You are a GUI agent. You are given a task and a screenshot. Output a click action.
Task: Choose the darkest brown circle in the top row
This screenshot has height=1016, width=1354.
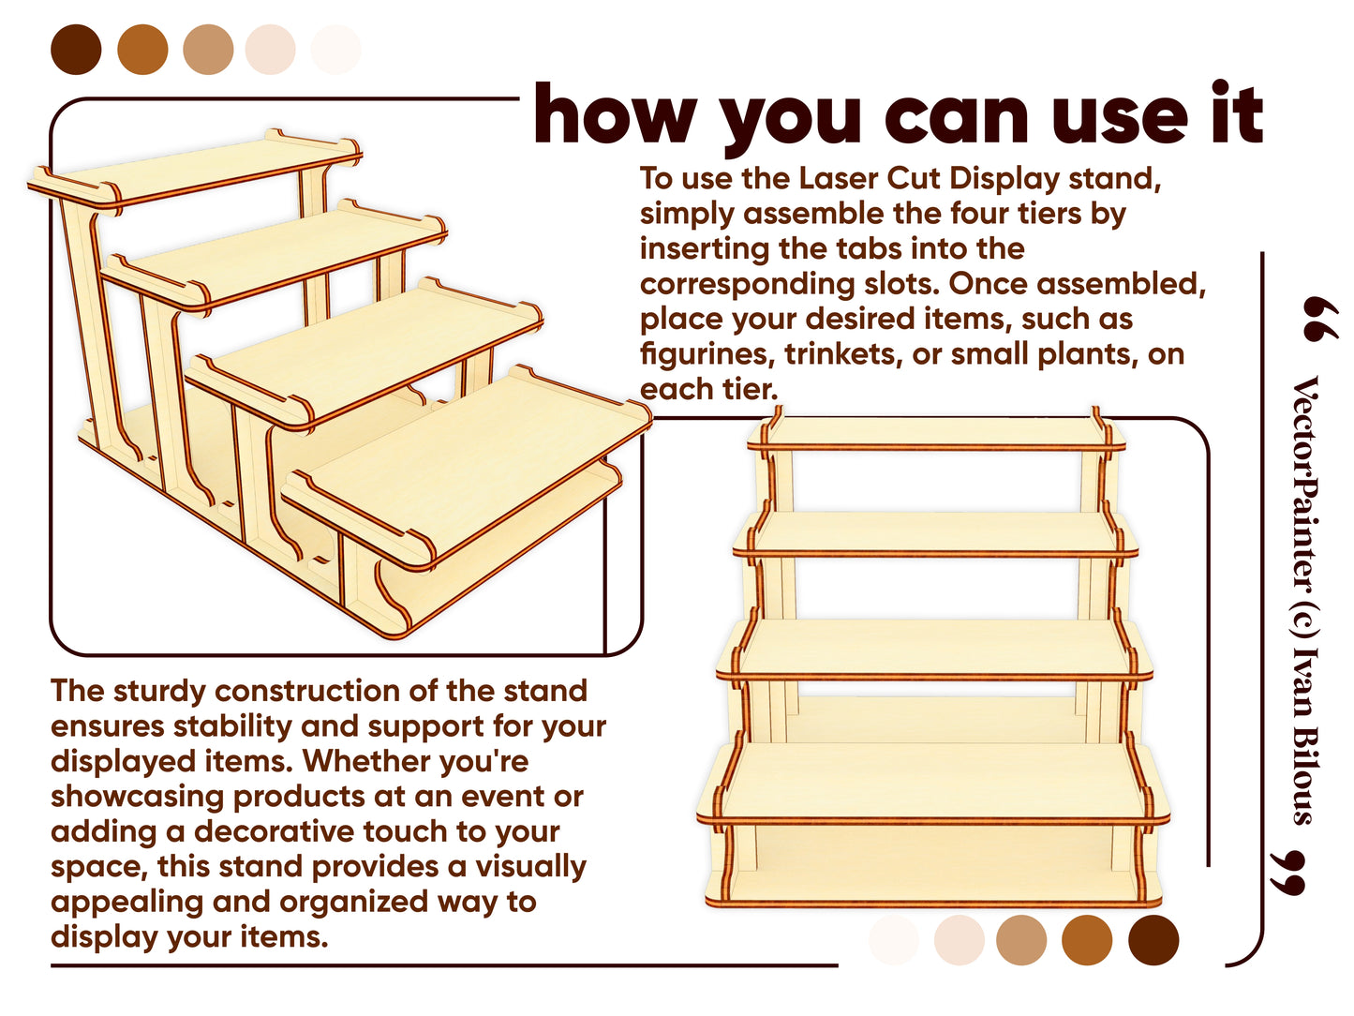click(76, 50)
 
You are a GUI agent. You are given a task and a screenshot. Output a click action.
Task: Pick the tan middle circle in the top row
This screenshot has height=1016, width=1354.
click(208, 50)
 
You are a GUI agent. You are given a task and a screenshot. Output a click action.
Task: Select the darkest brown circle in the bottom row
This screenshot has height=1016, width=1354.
click(1153, 939)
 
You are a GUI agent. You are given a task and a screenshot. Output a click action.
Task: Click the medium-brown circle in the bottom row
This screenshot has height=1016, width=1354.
click(1087, 939)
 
